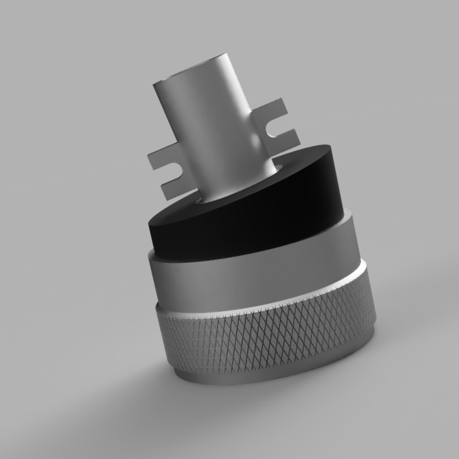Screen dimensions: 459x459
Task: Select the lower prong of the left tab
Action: coord(173,185)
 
